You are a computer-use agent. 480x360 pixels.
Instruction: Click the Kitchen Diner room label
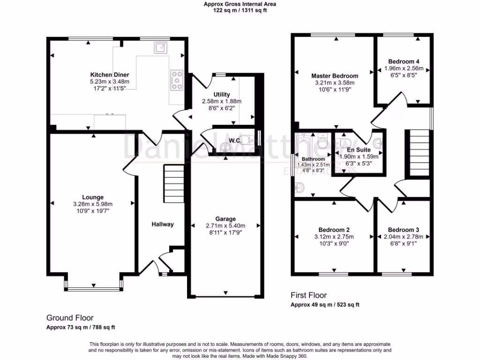point(109,75)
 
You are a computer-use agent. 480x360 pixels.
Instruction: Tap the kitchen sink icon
point(160,47)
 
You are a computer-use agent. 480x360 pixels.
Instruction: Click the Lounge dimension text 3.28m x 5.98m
point(93,204)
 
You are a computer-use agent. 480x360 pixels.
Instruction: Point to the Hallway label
point(162,225)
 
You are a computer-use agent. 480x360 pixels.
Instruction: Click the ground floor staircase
point(173,183)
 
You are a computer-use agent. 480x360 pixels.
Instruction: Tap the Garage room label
point(225,219)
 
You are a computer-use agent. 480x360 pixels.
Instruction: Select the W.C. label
point(235,141)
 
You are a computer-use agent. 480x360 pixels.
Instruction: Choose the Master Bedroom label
point(335,76)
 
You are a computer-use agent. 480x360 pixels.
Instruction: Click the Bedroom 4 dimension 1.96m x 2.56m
point(404,68)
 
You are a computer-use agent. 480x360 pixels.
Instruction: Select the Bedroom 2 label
point(334,230)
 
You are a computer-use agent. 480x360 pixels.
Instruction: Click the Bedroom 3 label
point(403,230)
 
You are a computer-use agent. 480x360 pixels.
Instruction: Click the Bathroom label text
point(313,159)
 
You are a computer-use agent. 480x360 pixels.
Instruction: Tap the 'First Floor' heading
point(308,295)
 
